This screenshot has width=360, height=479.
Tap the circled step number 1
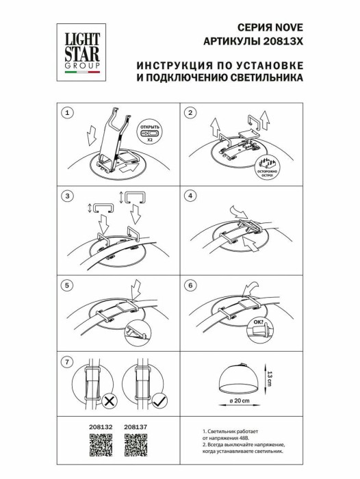pos(67,112)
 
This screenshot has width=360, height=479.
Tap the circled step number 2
pos(191,112)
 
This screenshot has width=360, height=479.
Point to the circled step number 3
pos(67,197)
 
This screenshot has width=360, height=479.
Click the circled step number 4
pos(191,197)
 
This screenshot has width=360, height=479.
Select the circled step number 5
pos(67,284)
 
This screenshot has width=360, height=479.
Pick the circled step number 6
pos(191,284)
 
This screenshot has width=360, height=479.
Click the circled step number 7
pos(67,361)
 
